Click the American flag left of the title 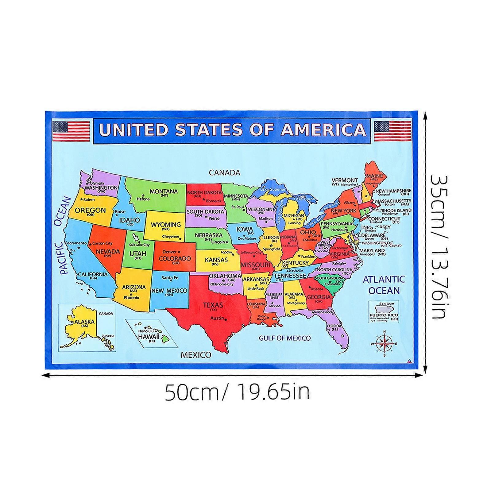point(71,131)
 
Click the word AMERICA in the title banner point(323,130)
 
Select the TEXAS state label point(213,305)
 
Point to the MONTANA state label point(164,191)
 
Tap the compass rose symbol point(385,343)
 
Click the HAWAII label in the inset point(149,336)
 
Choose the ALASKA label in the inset point(85,322)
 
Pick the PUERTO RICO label point(384,315)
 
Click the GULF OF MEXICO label point(285,338)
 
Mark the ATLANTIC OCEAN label point(384,285)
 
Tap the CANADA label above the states point(224,173)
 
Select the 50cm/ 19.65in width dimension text point(237,392)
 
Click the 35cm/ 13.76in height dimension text point(439,247)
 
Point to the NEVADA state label point(108,252)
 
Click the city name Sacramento point(76,243)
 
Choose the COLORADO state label point(175,258)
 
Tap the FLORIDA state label point(334,326)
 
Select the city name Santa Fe point(170,278)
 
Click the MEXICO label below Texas point(196,355)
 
